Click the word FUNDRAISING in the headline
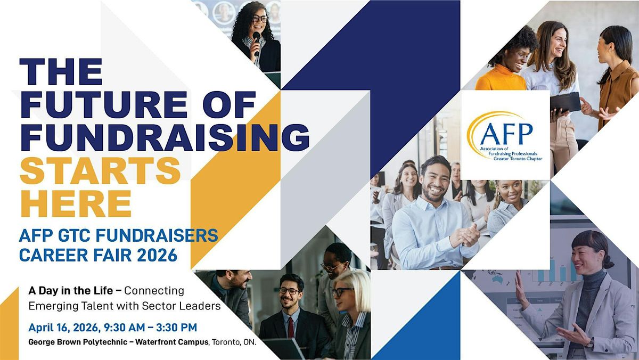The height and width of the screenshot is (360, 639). click(165, 137)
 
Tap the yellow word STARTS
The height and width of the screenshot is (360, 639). click(101, 171)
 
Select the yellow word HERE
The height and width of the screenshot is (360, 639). click(76, 204)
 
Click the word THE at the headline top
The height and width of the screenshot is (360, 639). click(61, 71)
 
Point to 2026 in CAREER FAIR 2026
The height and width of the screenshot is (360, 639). click(157, 255)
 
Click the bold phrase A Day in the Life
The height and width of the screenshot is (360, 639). click(71, 291)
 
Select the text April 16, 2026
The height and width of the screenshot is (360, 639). click(64, 328)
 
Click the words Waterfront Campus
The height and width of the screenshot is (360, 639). click(171, 342)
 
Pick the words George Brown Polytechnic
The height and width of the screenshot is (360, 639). click(78, 342)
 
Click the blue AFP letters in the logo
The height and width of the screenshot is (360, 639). click(506, 134)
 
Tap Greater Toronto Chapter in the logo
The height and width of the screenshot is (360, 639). click(518, 158)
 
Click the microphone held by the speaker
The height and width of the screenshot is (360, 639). click(257, 43)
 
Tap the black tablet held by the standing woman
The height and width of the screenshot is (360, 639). click(566, 103)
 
